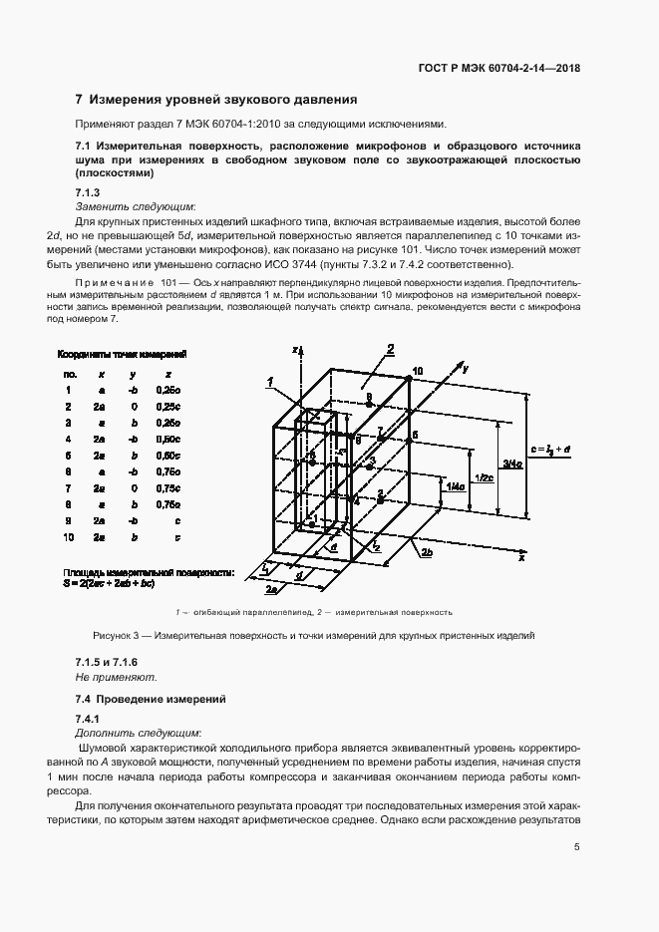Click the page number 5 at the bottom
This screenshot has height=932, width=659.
click(577, 848)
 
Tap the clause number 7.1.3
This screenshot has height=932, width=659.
click(89, 191)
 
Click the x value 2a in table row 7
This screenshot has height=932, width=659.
click(100, 487)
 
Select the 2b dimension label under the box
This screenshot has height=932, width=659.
click(427, 551)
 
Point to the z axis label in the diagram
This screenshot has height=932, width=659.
click(296, 351)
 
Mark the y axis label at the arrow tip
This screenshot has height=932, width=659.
click(466, 368)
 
